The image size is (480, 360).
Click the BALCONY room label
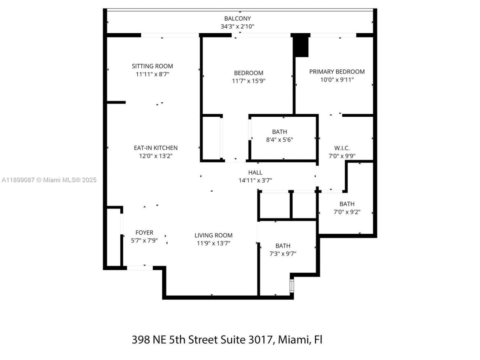[237, 18]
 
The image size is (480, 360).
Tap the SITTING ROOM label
[152, 66]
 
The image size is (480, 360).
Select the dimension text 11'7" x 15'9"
[249, 81]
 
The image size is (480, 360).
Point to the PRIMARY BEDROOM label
[337, 72]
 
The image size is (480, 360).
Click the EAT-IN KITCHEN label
[156, 148]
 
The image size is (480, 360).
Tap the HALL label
[255, 172]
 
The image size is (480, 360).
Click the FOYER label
[144, 232]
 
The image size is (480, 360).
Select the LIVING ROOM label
[213, 235]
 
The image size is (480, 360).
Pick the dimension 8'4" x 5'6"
[279, 139]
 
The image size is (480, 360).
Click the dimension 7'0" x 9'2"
[347, 212]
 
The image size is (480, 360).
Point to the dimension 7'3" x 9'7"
[283, 253]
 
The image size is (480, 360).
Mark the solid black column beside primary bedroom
[301, 45]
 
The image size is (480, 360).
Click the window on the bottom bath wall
[292, 285]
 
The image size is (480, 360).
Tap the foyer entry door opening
[139, 268]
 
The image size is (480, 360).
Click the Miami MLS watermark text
[49, 180]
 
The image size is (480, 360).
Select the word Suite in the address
[230, 340]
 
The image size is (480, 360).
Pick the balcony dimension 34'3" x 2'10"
[237, 26]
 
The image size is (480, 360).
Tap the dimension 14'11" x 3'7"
[255, 180]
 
